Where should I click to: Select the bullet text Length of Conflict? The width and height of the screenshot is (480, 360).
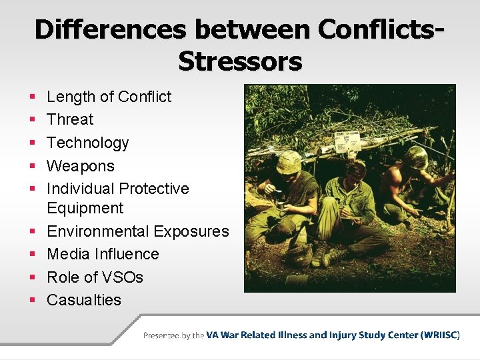point(109,97)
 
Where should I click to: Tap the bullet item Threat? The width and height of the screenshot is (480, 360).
point(70,119)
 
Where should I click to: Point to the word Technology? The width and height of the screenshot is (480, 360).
point(87,143)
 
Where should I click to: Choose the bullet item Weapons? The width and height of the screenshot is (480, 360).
point(80,166)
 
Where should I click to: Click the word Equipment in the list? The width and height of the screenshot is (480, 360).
point(85,208)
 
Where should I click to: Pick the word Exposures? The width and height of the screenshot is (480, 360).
point(191,231)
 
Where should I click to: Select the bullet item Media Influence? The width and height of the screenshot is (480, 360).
point(103,254)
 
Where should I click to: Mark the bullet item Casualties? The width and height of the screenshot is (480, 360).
point(84,300)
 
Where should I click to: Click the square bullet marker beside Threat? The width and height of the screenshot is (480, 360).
point(33,120)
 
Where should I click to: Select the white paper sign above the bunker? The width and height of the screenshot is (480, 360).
point(347,141)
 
